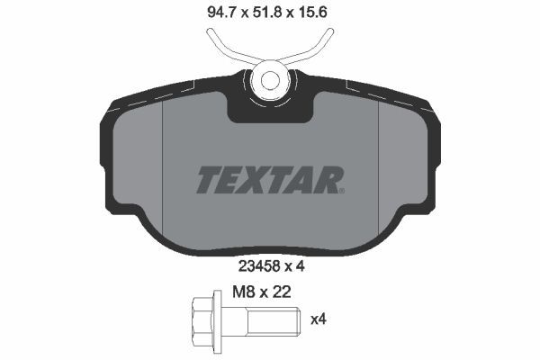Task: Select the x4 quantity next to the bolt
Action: point(318,319)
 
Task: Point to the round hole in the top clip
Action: point(269,78)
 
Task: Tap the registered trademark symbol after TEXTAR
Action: point(342,190)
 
